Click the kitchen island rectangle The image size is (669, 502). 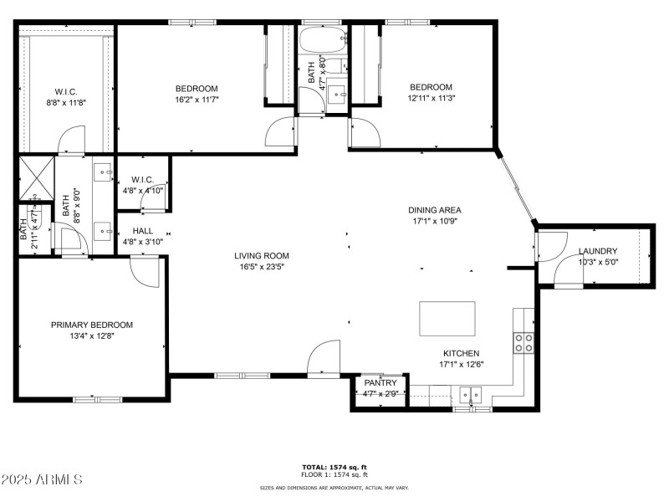(447, 319)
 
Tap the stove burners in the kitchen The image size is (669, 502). (524, 341)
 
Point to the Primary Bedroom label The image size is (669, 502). (91, 325)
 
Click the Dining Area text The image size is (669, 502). (434, 210)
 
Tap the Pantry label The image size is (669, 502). (380, 382)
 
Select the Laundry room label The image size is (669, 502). (597, 251)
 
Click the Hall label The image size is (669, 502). (142, 231)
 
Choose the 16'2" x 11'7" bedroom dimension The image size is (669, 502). (197, 98)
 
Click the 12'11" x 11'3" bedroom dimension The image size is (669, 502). (430, 97)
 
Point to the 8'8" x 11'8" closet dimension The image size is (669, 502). (65, 102)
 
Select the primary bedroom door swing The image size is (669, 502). (144, 271)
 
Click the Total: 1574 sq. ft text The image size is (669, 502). (334, 467)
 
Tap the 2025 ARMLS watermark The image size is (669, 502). (42, 479)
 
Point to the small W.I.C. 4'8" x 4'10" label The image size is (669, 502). (142, 184)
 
